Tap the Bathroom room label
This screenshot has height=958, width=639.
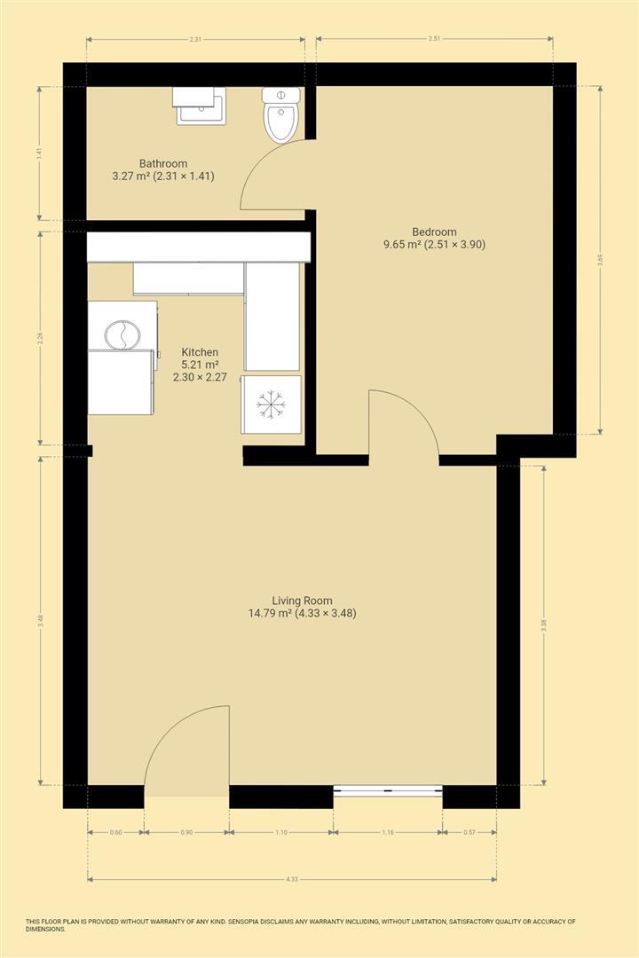click(x=163, y=169)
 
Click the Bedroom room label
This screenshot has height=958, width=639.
click(x=432, y=237)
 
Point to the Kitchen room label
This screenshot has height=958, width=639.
click(x=200, y=364)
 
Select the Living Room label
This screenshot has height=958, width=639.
click(x=303, y=607)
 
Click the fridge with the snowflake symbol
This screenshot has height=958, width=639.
click(x=272, y=404)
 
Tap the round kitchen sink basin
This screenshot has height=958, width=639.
click(x=122, y=335)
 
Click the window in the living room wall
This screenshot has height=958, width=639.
click(x=388, y=790)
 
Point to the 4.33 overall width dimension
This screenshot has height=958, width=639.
click(x=292, y=879)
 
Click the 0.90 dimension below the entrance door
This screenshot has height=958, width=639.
click(x=186, y=833)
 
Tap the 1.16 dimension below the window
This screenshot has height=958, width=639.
click(x=388, y=833)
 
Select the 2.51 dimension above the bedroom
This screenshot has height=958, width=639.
click(x=434, y=39)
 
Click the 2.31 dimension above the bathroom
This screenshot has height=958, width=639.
click(x=195, y=39)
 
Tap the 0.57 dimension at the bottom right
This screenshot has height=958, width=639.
click(x=469, y=833)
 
